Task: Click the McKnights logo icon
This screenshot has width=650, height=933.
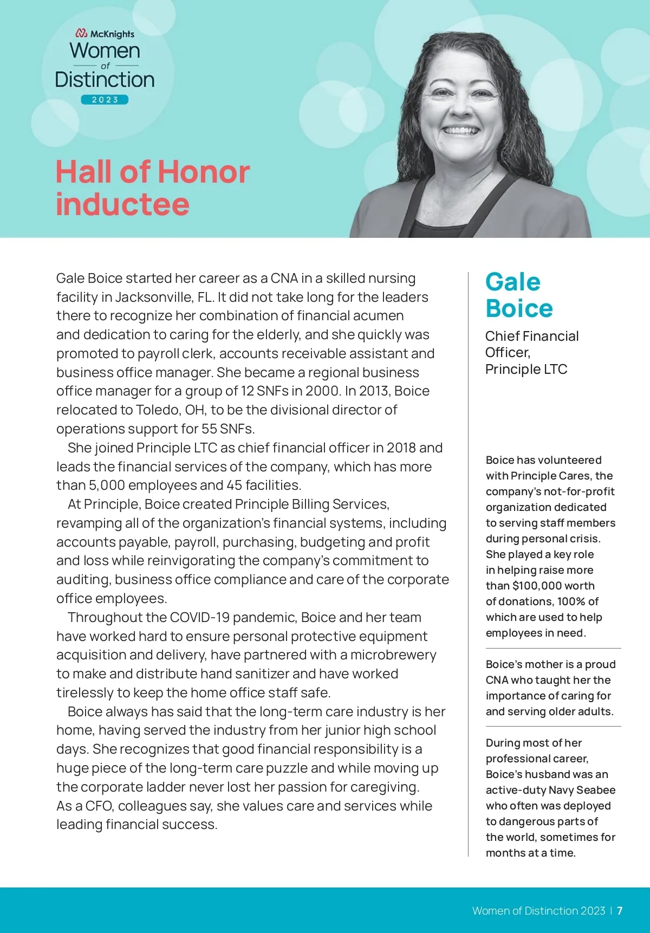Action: [81, 34]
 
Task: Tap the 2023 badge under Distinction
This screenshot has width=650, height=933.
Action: [105, 100]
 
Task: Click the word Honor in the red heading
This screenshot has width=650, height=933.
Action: [204, 172]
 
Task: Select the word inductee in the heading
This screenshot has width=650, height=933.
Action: [122, 205]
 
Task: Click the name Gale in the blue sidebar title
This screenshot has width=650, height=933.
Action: [512, 282]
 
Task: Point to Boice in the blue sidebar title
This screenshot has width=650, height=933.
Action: [519, 309]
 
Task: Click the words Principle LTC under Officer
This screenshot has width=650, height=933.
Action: [526, 370]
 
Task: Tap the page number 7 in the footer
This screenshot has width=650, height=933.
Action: [620, 911]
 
